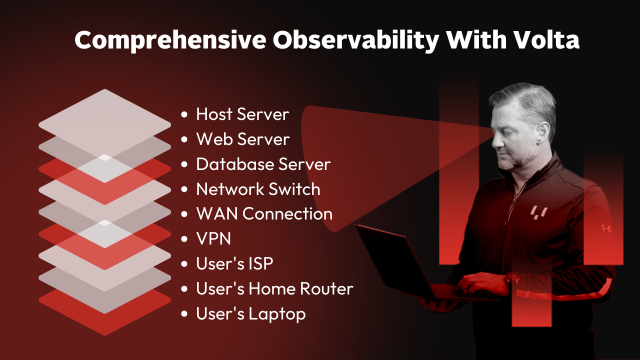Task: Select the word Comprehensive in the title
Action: [170, 40]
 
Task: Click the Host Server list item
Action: [242, 114]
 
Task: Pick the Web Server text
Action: [243, 139]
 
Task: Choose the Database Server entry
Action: [263, 164]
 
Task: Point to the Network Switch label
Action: [258, 189]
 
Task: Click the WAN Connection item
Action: [264, 214]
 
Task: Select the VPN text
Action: [213, 239]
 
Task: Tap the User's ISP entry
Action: [234, 264]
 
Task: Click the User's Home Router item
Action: [274, 289]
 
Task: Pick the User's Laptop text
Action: [250, 314]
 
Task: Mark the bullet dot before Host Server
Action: [185, 114]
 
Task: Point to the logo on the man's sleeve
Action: [606, 228]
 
